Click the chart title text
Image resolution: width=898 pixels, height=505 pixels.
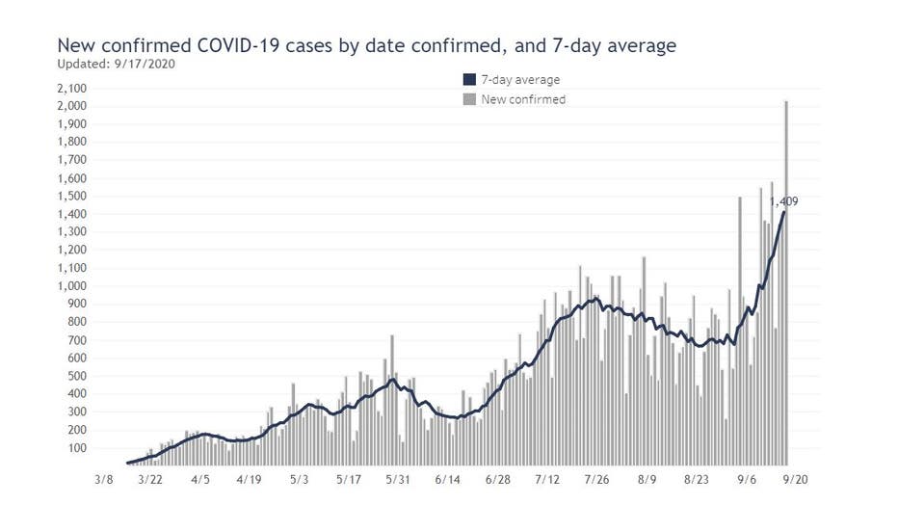[367, 45]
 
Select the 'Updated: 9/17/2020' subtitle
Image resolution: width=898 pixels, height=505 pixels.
[117, 64]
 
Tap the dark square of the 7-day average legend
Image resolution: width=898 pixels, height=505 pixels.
[469, 80]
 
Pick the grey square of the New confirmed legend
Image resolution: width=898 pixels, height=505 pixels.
[469, 99]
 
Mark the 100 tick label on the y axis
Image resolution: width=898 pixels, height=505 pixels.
[77, 448]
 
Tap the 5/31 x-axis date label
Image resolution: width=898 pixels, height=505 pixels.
[399, 479]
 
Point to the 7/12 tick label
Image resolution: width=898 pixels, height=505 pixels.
[547, 479]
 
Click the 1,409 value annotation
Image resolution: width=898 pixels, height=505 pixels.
[783, 201]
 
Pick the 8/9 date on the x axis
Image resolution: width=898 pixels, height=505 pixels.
[647, 479]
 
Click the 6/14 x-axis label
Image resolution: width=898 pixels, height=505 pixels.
[448, 479]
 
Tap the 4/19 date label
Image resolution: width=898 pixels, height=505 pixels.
[249, 479]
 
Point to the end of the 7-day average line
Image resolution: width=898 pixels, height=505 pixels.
[783, 213]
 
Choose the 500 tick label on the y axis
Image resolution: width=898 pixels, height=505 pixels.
[77, 376]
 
